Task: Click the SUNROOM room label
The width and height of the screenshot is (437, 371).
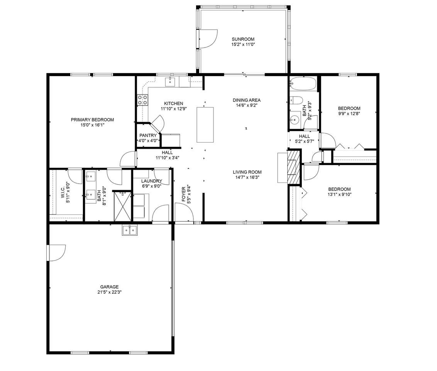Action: point(243,39)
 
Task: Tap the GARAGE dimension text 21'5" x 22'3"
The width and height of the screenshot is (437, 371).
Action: point(110,292)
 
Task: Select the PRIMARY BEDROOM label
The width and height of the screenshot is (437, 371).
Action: point(92,120)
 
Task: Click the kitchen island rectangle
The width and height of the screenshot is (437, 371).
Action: point(205,125)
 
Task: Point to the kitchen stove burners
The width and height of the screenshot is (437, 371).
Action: point(142,100)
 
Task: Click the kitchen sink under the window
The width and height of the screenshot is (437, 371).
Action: point(170,82)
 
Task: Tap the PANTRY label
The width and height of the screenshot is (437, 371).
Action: point(148,136)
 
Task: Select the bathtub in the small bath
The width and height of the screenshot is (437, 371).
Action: point(303,83)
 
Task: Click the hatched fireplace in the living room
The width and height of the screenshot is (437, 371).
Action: point(293,167)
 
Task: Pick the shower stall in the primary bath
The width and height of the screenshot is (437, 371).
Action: point(122,206)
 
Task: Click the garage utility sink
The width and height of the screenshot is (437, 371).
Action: point(130,230)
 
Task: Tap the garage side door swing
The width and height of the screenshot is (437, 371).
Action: point(57,253)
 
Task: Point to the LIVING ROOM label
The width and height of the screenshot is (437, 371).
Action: point(247,172)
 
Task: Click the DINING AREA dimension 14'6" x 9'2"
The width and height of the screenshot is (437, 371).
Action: point(247,105)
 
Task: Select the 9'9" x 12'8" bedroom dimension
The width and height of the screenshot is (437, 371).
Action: point(349,114)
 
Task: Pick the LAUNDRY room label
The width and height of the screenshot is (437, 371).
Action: point(152,181)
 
